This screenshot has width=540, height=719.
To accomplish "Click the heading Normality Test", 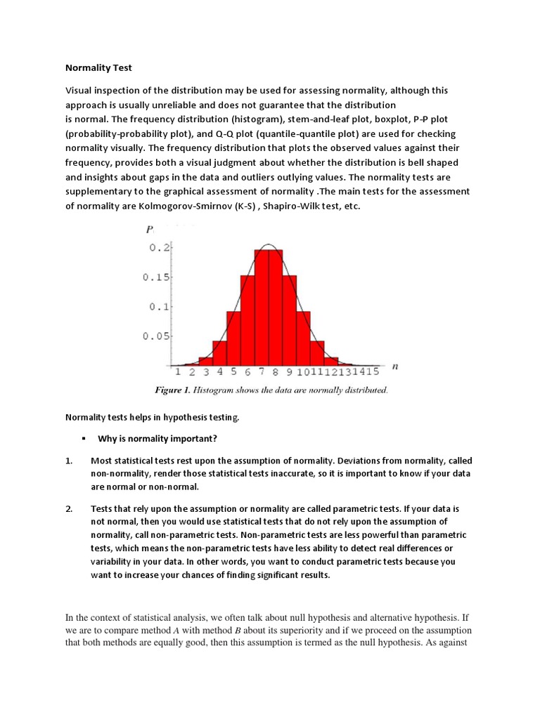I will tap(98, 68).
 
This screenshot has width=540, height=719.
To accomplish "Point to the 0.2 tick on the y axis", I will tap(160, 247).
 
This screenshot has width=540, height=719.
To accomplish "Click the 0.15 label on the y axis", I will tap(156, 277).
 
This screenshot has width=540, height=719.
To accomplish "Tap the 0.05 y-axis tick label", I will tap(156, 336).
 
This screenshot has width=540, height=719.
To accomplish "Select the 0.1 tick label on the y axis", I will tap(160, 306).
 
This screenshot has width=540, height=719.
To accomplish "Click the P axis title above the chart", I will tap(150, 230).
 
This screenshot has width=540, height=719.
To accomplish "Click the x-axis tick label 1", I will tap(178, 371).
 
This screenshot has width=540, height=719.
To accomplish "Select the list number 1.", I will tap(69, 461).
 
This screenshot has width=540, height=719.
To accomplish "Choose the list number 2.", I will tap(69, 508).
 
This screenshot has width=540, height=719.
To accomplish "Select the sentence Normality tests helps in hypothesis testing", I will tap(153, 418).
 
